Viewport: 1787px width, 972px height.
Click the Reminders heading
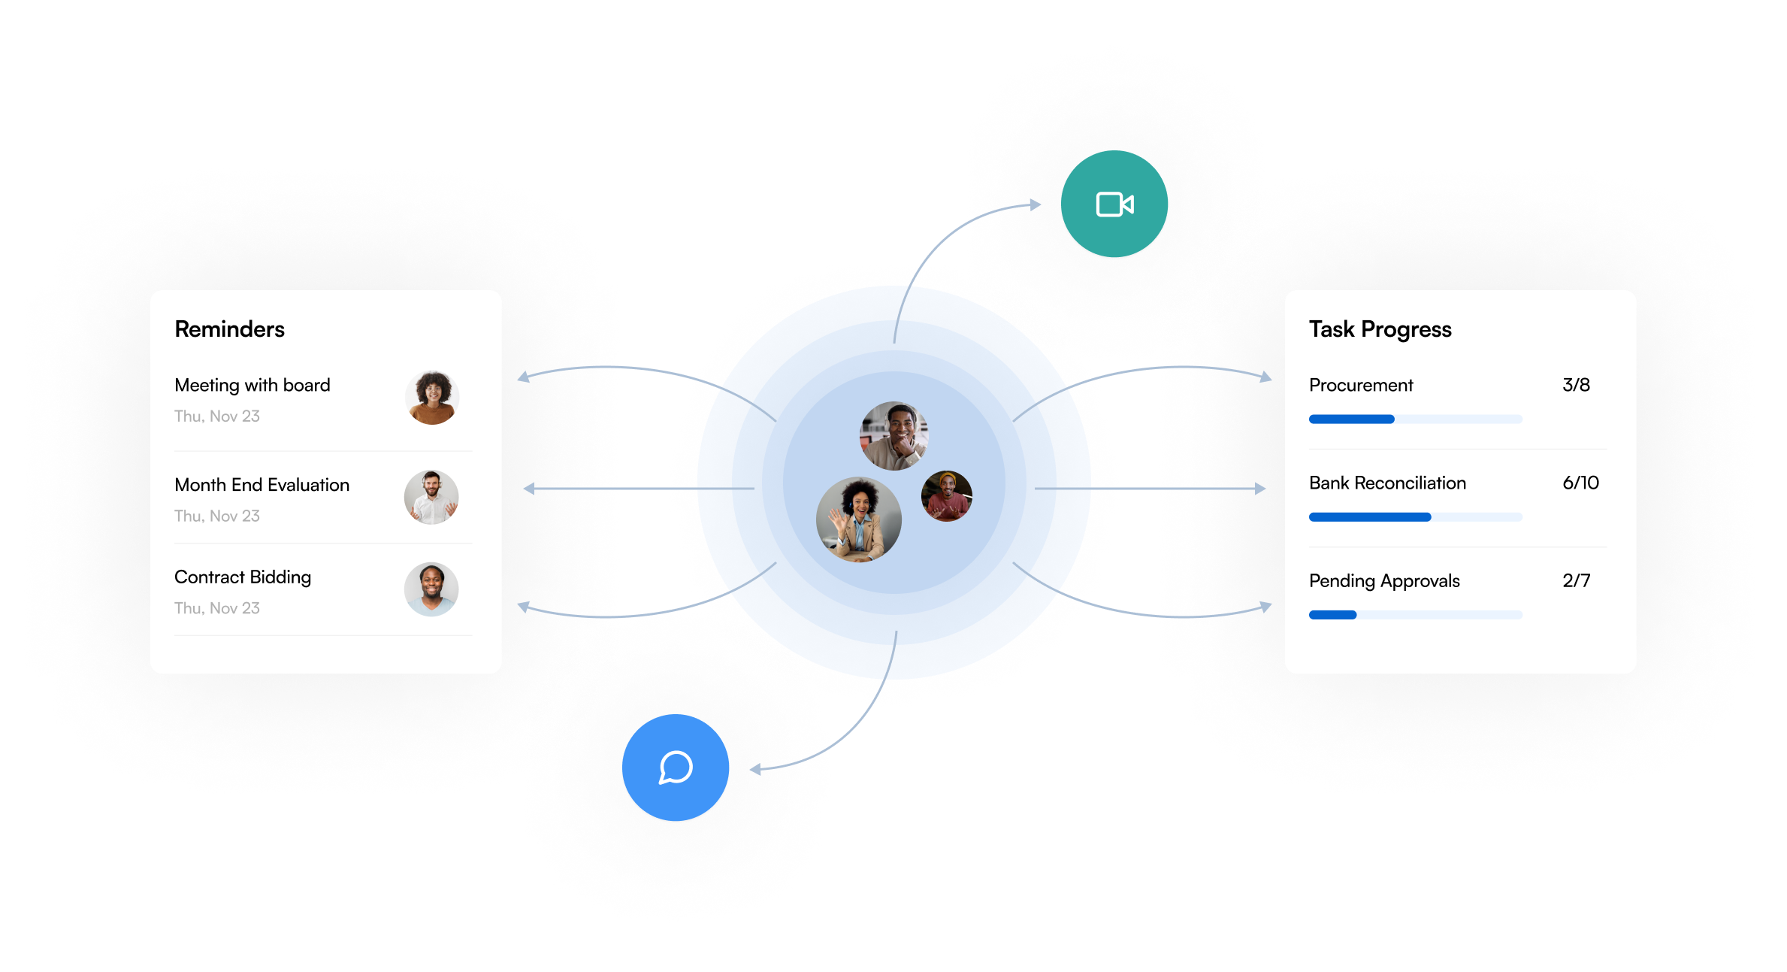tap(229, 329)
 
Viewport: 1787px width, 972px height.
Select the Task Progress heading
tap(1380, 329)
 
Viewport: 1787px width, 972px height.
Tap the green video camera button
tap(1114, 204)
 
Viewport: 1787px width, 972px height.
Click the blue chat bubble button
tap(676, 768)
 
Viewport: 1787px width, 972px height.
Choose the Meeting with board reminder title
tap(252, 385)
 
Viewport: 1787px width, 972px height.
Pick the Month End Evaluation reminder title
tap(262, 485)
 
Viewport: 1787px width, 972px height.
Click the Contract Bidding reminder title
tap(243, 577)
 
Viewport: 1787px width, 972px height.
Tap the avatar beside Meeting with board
tap(432, 398)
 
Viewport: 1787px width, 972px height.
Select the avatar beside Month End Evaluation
tap(431, 497)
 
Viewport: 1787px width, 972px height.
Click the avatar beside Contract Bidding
tap(431, 589)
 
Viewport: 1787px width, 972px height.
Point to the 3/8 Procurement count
tap(1576, 385)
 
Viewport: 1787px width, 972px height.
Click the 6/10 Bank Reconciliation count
tap(1580, 483)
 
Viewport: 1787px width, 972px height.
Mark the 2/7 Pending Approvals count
tap(1576, 580)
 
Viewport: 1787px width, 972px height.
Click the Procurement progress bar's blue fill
tap(1351, 419)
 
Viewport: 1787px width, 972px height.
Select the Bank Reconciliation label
tap(1387, 483)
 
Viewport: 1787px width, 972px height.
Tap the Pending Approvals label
tap(1384, 580)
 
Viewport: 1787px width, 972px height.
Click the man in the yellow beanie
tap(947, 496)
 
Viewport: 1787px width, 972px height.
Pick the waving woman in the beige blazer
tap(858, 519)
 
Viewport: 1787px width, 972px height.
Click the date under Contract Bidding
tap(217, 608)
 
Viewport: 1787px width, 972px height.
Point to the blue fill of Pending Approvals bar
tap(1332, 615)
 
